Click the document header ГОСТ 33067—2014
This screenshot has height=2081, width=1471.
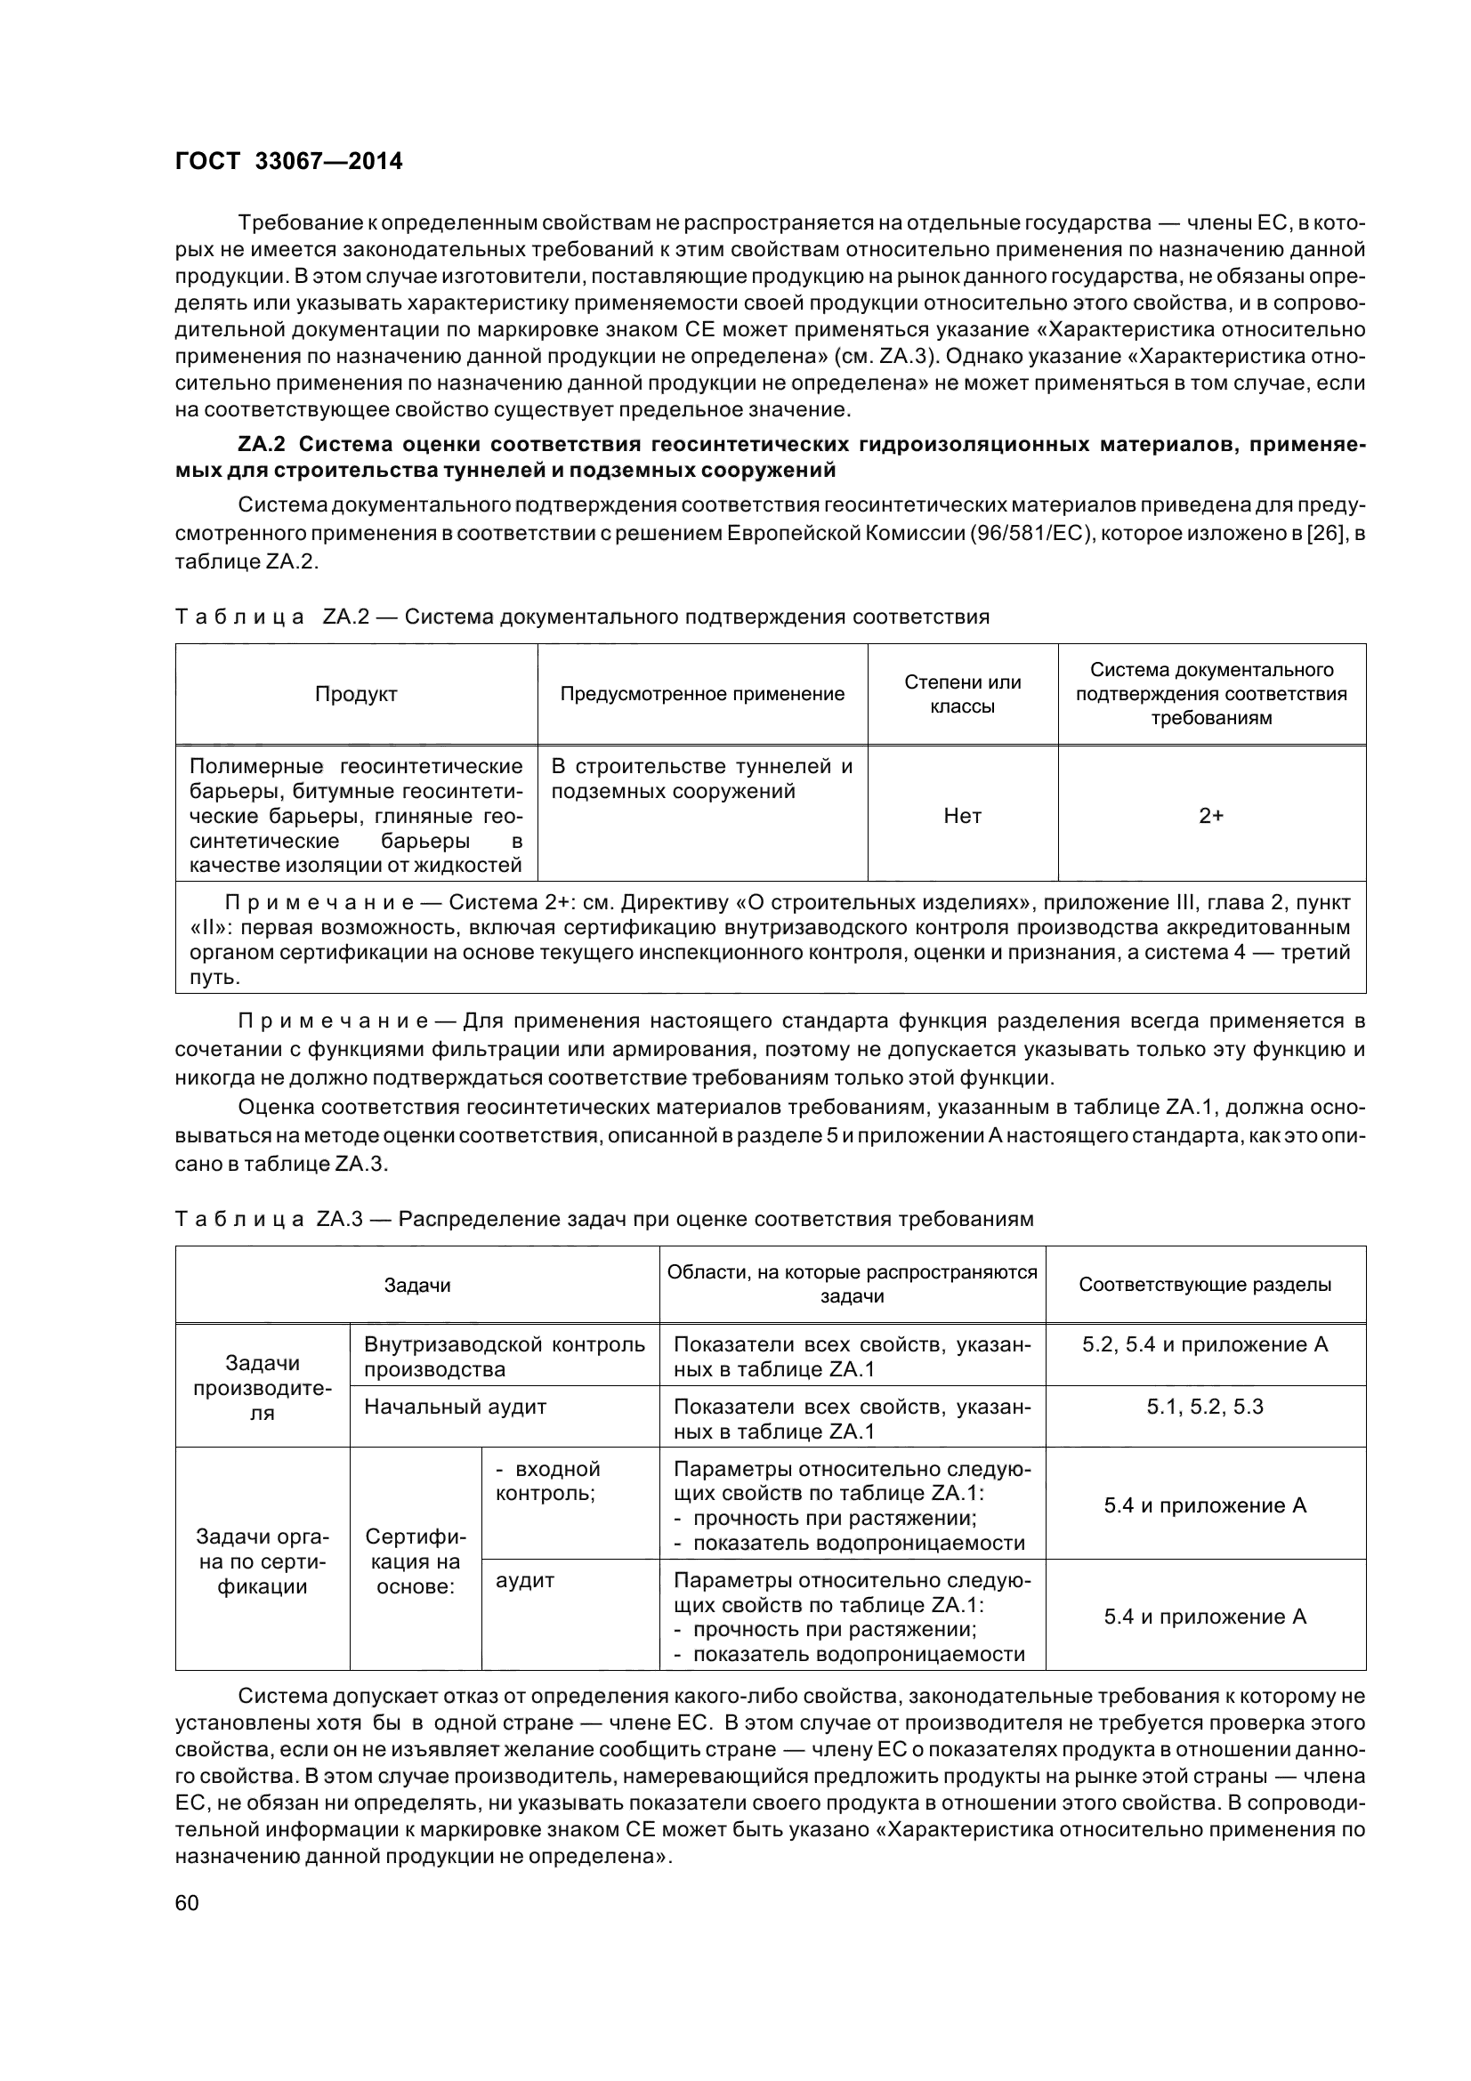pos(288,161)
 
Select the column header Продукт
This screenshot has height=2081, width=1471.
pos(355,694)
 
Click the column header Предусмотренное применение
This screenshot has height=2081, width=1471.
pos(701,694)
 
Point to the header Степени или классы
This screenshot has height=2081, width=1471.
pos(963,694)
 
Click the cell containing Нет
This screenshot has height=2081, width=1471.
pos(963,816)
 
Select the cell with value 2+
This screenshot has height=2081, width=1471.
pos(1211,816)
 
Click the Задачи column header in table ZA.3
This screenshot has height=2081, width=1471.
pos(417,1286)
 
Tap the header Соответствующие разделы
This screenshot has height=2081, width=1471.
pos(1206,1286)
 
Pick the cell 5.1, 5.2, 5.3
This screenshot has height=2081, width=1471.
pos(1206,1407)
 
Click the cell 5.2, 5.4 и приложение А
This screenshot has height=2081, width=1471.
pos(1206,1344)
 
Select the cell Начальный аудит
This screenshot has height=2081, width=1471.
pos(455,1407)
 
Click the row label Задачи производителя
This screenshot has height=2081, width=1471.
pos(262,1388)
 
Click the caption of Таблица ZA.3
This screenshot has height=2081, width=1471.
pos(603,1219)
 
